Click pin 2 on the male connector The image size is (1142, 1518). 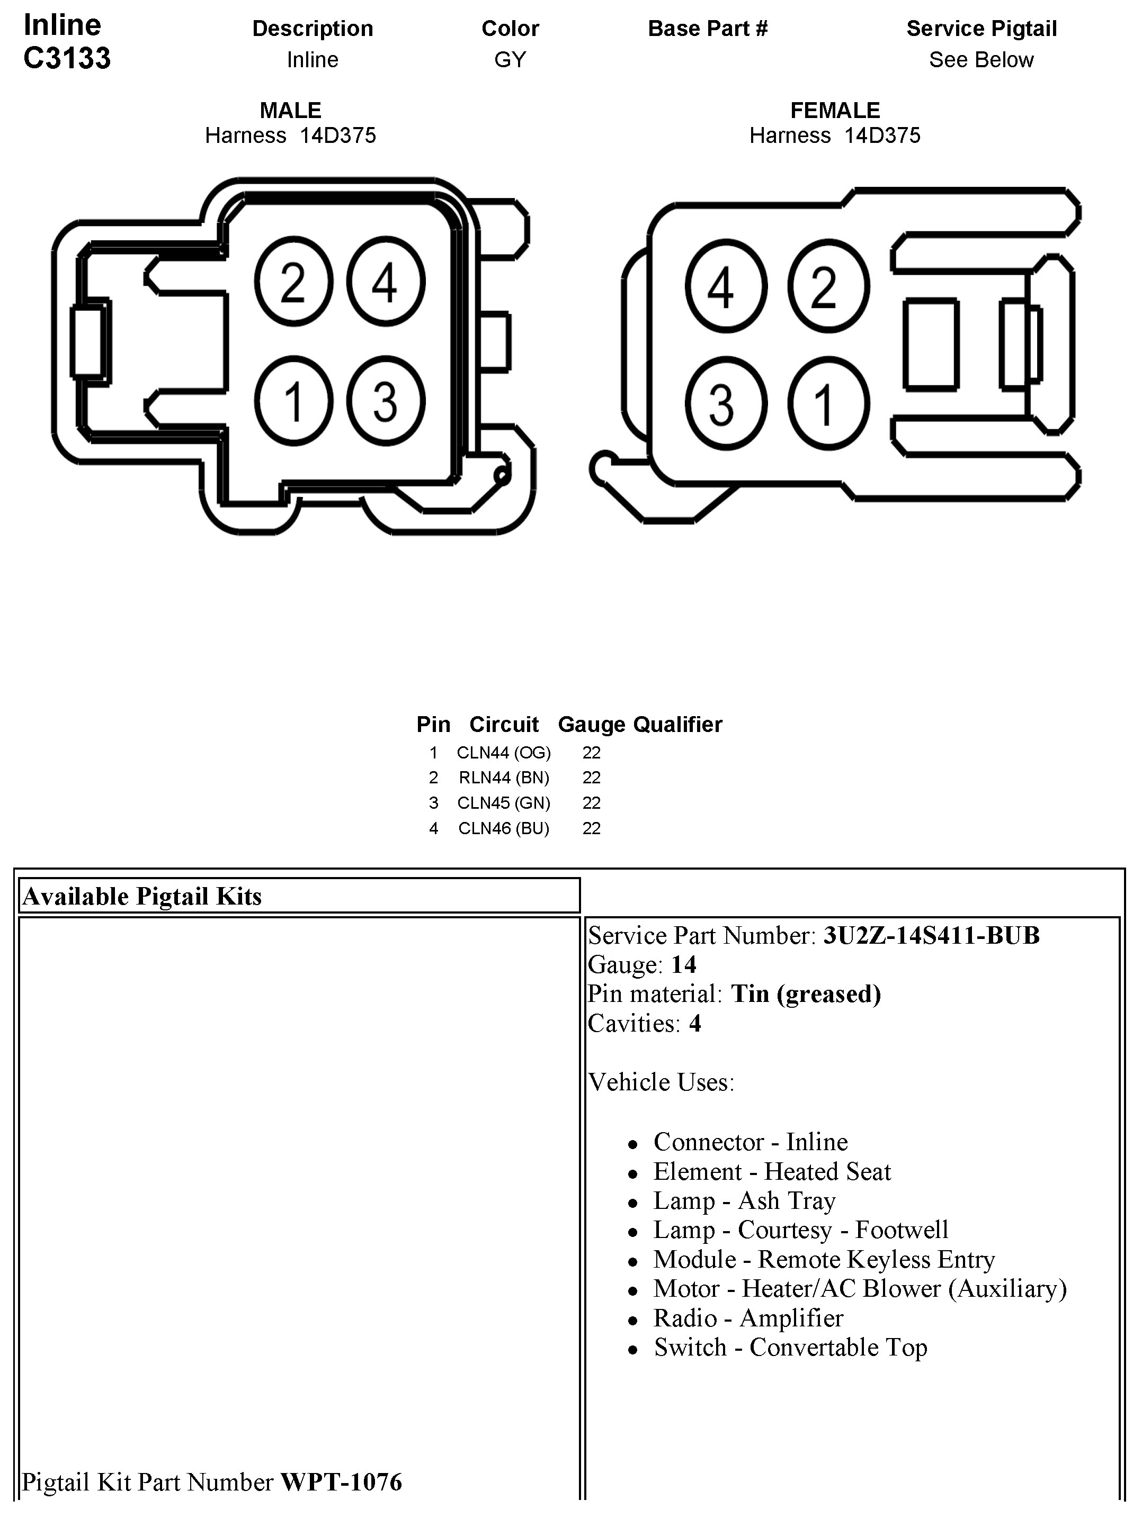coord(293,282)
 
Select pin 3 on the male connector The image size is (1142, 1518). coord(385,401)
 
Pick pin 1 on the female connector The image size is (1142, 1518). coord(827,403)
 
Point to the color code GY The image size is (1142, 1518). coord(510,60)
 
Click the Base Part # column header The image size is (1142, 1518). coord(707,28)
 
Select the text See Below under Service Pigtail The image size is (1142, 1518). coord(980,60)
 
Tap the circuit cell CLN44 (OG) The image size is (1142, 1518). coord(503,753)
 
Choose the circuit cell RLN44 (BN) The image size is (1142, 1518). coord(503,778)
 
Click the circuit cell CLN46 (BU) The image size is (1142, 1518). coord(503,828)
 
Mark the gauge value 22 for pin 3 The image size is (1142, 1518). coord(591,803)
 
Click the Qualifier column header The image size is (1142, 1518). coord(677,725)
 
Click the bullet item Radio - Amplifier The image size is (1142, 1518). coord(748,1318)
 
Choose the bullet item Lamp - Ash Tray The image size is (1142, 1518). coord(744,1201)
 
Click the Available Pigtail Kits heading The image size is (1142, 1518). coord(142,896)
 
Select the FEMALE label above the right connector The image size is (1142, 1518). coord(834,111)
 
